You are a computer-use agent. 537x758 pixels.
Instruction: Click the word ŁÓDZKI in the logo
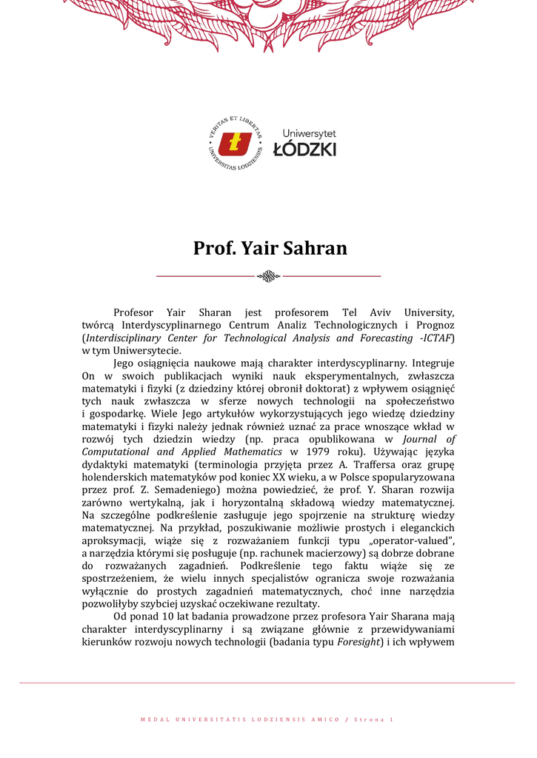point(304,150)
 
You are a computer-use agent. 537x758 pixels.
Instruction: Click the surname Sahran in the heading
point(312,248)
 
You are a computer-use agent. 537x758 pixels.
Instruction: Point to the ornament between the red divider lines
point(268,276)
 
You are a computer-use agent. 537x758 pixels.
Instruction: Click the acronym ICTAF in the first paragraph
point(438,338)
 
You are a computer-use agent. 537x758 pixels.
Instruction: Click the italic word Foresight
point(358,642)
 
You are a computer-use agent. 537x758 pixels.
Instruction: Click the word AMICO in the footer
point(322,720)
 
